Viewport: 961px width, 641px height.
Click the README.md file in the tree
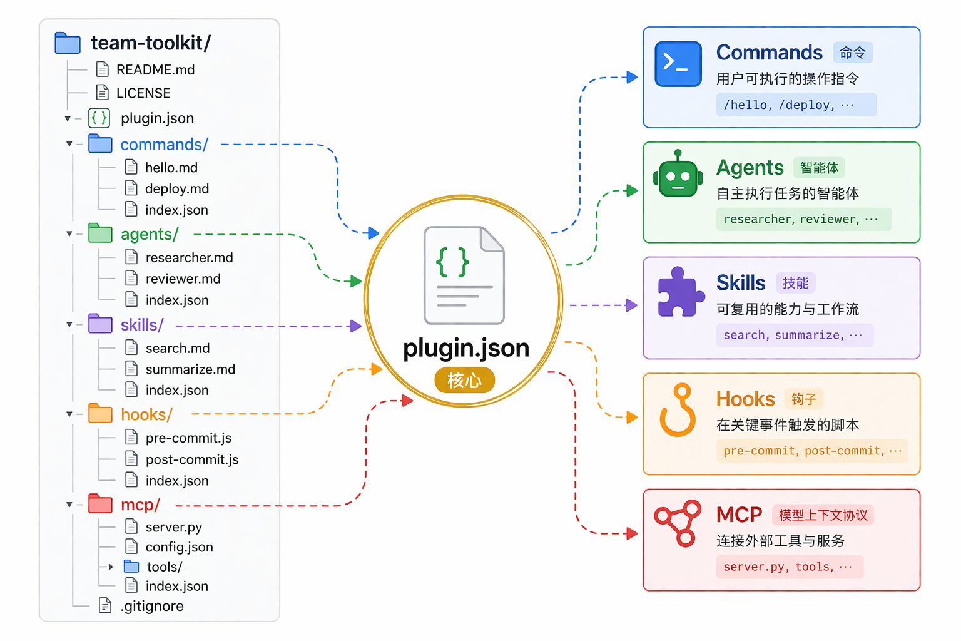tap(155, 69)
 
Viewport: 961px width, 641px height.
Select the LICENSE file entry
tap(143, 93)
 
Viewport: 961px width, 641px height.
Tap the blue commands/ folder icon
tap(100, 144)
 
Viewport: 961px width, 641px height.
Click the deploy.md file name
tap(177, 189)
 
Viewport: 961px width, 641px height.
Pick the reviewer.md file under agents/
tap(183, 279)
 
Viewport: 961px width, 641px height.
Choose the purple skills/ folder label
tap(142, 325)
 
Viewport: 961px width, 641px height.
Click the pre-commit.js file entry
tap(188, 438)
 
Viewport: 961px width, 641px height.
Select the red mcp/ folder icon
tap(100, 504)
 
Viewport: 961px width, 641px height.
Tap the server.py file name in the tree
tap(173, 527)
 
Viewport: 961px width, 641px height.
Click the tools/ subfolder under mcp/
tap(164, 567)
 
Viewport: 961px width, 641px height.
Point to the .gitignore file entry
tap(152, 606)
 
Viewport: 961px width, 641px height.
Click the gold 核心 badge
tap(465, 380)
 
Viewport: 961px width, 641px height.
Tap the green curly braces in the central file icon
tap(452, 262)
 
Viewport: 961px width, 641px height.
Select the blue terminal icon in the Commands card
tap(678, 64)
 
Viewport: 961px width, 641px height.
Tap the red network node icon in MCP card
tap(678, 523)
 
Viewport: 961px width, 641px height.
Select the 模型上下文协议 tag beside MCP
tap(823, 515)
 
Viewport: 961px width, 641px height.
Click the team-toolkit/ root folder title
tap(151, 43)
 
